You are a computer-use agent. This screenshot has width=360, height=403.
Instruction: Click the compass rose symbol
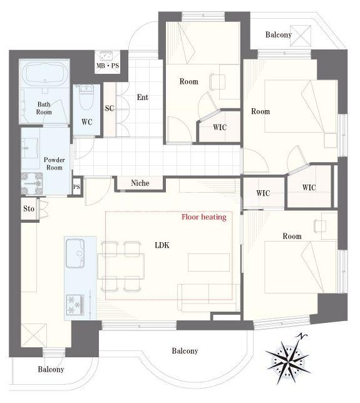tap(288, 359)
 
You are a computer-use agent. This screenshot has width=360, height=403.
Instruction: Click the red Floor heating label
tap(204, 217)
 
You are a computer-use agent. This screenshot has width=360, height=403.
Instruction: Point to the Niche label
tap(140, 183)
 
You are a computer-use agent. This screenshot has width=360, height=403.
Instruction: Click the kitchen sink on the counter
tap(75, 253)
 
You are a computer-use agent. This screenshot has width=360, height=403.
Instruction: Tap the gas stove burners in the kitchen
tap(75, 305)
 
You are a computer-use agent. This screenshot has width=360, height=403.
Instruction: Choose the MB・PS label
tap(108, 66)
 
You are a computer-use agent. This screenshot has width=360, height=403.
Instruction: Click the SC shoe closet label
tap(110, 108)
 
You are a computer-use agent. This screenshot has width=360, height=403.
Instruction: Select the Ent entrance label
tap(143, 97)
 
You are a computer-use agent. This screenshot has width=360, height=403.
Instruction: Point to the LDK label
tap(162, 245)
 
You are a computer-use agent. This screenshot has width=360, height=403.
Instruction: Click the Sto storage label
tap(29, 208)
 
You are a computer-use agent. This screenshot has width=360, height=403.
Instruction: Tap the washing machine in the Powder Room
tap(32, 183)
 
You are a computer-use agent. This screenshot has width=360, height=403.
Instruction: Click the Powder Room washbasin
tap(30, 148)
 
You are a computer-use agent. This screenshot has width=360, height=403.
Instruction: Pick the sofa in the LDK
tap(208, 298)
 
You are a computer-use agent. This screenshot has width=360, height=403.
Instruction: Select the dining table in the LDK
tap(121, 266)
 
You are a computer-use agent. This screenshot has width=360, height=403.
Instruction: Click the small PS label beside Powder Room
tap(76, 187)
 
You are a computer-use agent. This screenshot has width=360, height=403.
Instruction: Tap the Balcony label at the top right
tap(279, 34)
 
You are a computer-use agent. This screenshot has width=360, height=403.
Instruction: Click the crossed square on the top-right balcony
tap(301, 36)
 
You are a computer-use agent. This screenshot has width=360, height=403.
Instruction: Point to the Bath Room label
tap(44, 108)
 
